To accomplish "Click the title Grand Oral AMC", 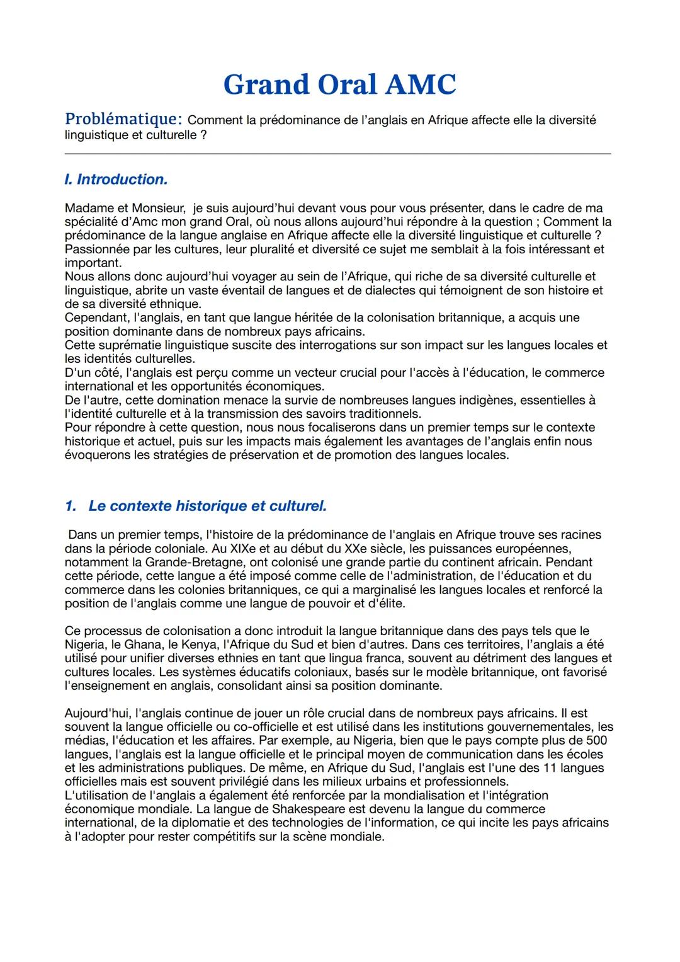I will coord(339,84).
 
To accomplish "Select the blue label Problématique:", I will coord(124,119).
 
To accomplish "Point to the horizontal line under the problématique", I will coord(337,153).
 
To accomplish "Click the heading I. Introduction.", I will coord(116,180).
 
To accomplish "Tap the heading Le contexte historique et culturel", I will coord(207,506).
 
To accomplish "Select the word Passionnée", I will coord(96,249).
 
